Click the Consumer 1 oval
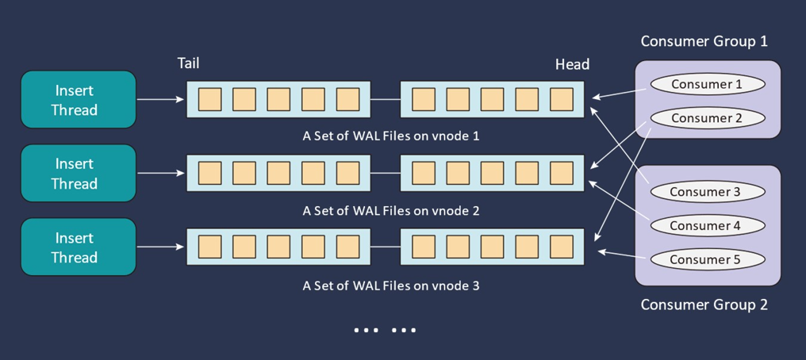point(707,84)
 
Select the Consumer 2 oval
point(707,118)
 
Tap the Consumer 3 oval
point(707,191)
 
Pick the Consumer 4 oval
point(707,225)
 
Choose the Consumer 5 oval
point(707,259)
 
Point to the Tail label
point(188,63)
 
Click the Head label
point(572,64)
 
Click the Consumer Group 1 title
point(704,41)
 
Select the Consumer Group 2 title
point(704,304)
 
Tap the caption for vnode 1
point(390,136)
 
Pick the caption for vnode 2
point(390,211)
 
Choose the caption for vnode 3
point(390,285)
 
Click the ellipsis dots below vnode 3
point(385,330)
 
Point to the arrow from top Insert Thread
point(161,100)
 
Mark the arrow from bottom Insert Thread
point(161,247)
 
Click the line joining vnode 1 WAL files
point(385,100)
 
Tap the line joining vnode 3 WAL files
point(385,247)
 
